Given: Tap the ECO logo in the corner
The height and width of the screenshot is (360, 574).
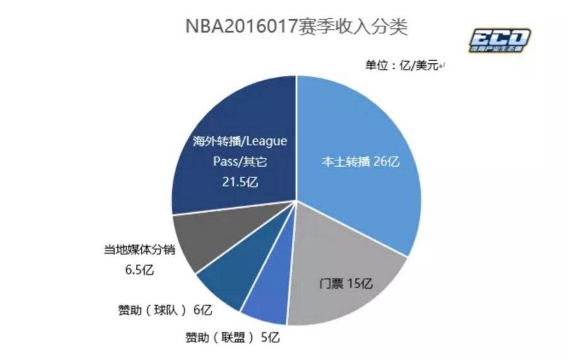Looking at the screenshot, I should coord(499,41).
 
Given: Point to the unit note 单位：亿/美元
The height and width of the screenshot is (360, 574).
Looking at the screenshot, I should coord(404,65).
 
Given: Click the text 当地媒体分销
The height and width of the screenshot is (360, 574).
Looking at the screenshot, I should coord(139,250).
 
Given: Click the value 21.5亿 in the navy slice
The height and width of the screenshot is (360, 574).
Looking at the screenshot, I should coord(239,181).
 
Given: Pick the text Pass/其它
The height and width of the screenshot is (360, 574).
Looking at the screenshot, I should coord(239,162).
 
